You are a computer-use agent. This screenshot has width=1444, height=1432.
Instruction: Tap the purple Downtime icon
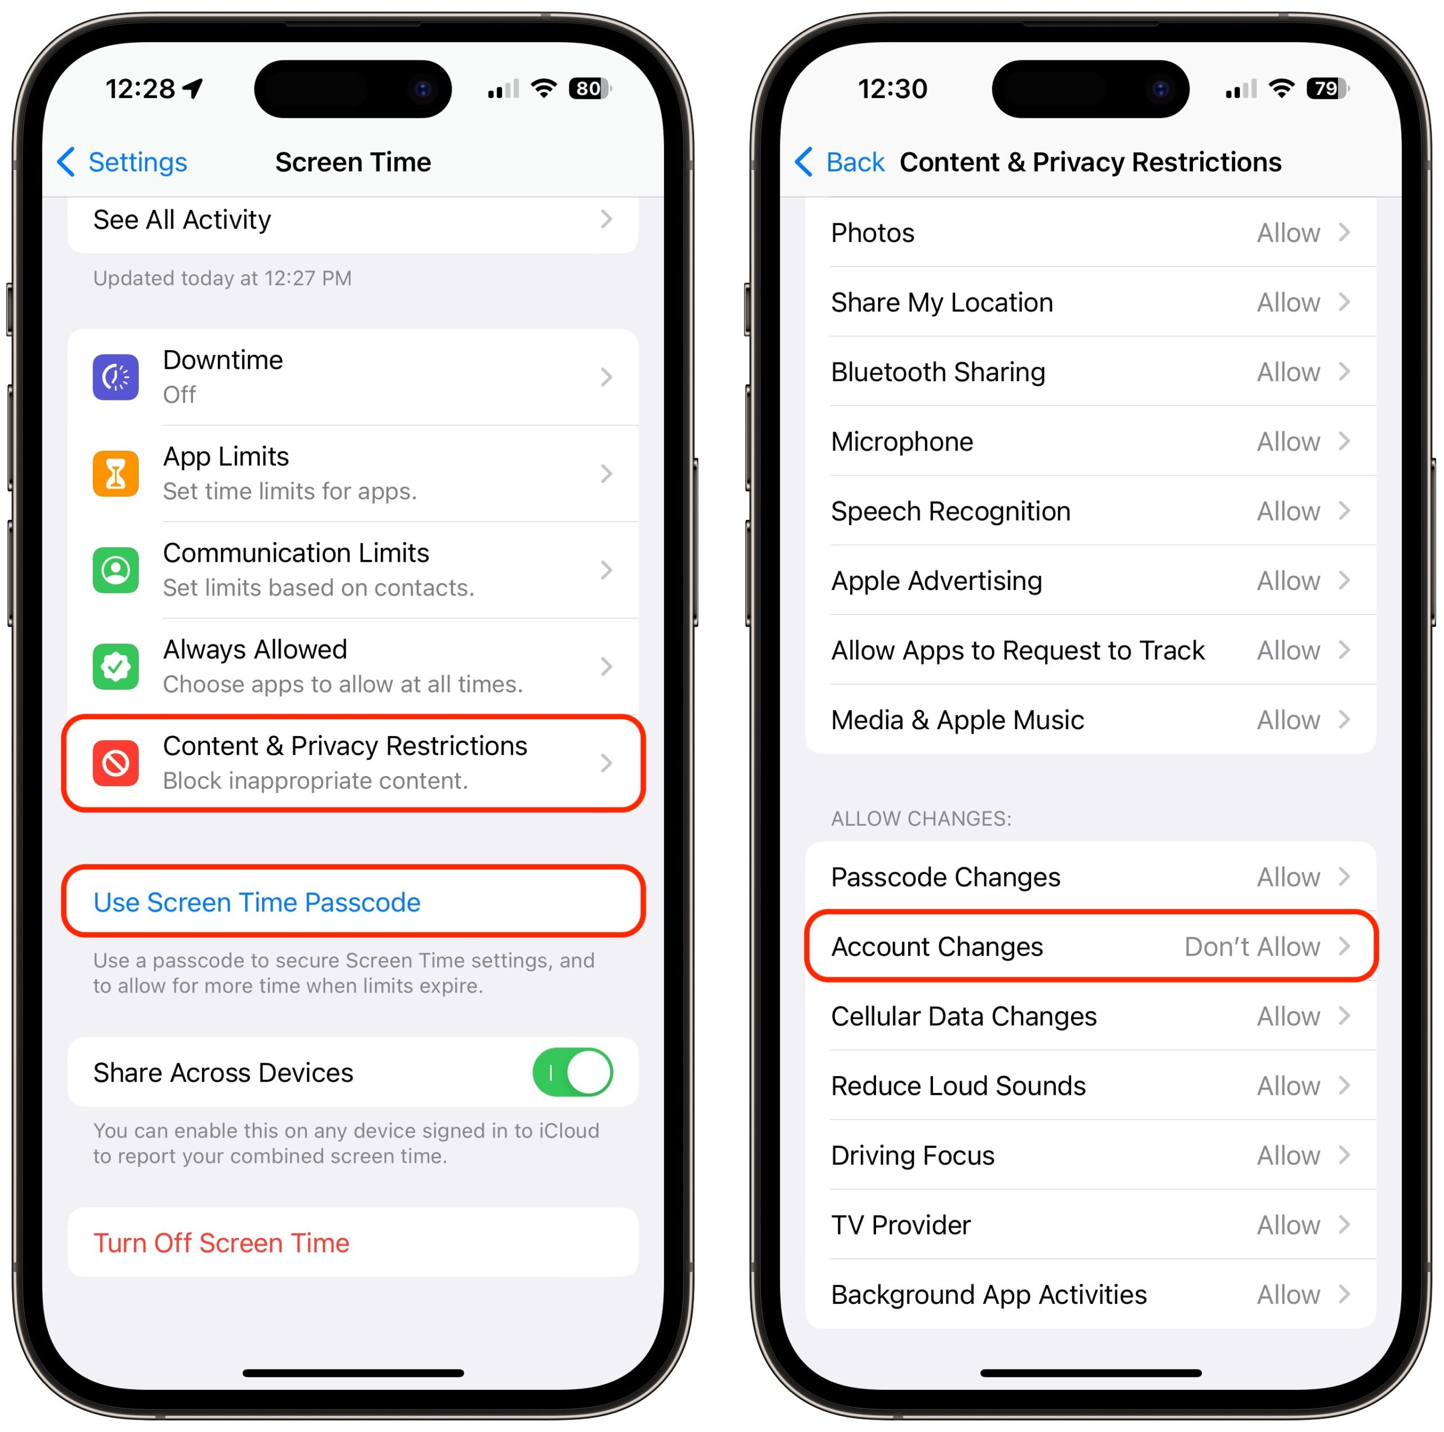115,377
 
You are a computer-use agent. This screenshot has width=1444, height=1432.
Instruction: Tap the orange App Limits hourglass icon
115,474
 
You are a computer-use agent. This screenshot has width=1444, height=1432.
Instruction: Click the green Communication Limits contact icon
115,570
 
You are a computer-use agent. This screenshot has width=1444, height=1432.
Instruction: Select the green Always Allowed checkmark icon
115,667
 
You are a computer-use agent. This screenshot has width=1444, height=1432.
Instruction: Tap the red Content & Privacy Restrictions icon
115,763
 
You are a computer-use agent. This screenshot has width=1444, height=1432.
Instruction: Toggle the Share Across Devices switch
573,1073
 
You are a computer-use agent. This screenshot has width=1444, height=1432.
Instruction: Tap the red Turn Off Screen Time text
221,1243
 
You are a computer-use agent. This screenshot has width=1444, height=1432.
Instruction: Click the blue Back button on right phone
839,162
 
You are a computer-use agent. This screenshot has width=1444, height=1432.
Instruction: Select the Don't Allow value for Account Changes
1252,946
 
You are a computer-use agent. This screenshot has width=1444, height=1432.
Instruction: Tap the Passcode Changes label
945,876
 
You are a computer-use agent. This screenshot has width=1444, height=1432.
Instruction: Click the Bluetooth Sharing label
938,372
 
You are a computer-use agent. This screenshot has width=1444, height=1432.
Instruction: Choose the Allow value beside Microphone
1288,442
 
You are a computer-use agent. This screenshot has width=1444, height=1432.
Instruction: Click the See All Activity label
182,220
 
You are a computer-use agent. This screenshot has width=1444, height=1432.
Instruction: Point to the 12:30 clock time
892,89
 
